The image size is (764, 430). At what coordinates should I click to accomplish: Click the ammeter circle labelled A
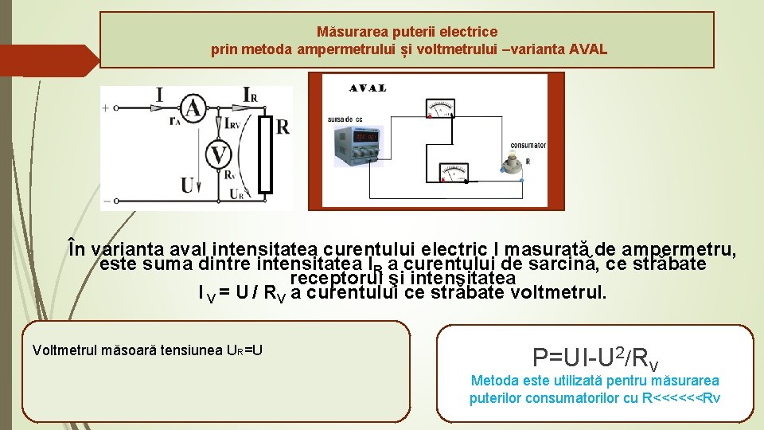(x=190, y=108)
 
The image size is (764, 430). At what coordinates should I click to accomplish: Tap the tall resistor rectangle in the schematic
(x=265, y=155)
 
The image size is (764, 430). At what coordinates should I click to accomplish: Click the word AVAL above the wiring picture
(x=368, y=88)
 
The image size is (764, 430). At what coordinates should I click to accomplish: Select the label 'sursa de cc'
(x=345, y=119)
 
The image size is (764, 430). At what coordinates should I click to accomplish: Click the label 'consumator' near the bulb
(x=528, y=146)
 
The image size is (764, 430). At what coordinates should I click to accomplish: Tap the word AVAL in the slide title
(x=588, y=49)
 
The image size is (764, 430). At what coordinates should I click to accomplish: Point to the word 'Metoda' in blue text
(x=493, y=381)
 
